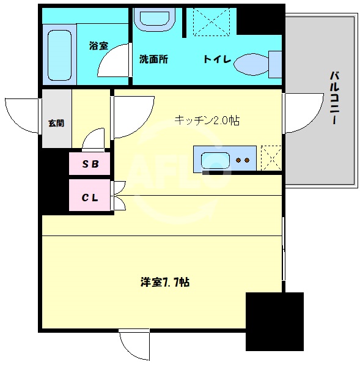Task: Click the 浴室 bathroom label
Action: (x=98, y=45)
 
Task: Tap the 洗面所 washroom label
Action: (x=153, y=59)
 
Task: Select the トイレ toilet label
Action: (x=216, y=59)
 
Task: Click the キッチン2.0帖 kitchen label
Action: (x=207, y=120)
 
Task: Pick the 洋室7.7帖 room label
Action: (x=164, y=283)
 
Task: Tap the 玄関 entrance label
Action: (x=56, y=123)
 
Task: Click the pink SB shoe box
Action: (x=89, y=164)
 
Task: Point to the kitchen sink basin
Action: (x=215, y=160)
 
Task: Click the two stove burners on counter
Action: (x=243, y=160)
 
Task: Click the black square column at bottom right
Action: (x=274, y=321)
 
